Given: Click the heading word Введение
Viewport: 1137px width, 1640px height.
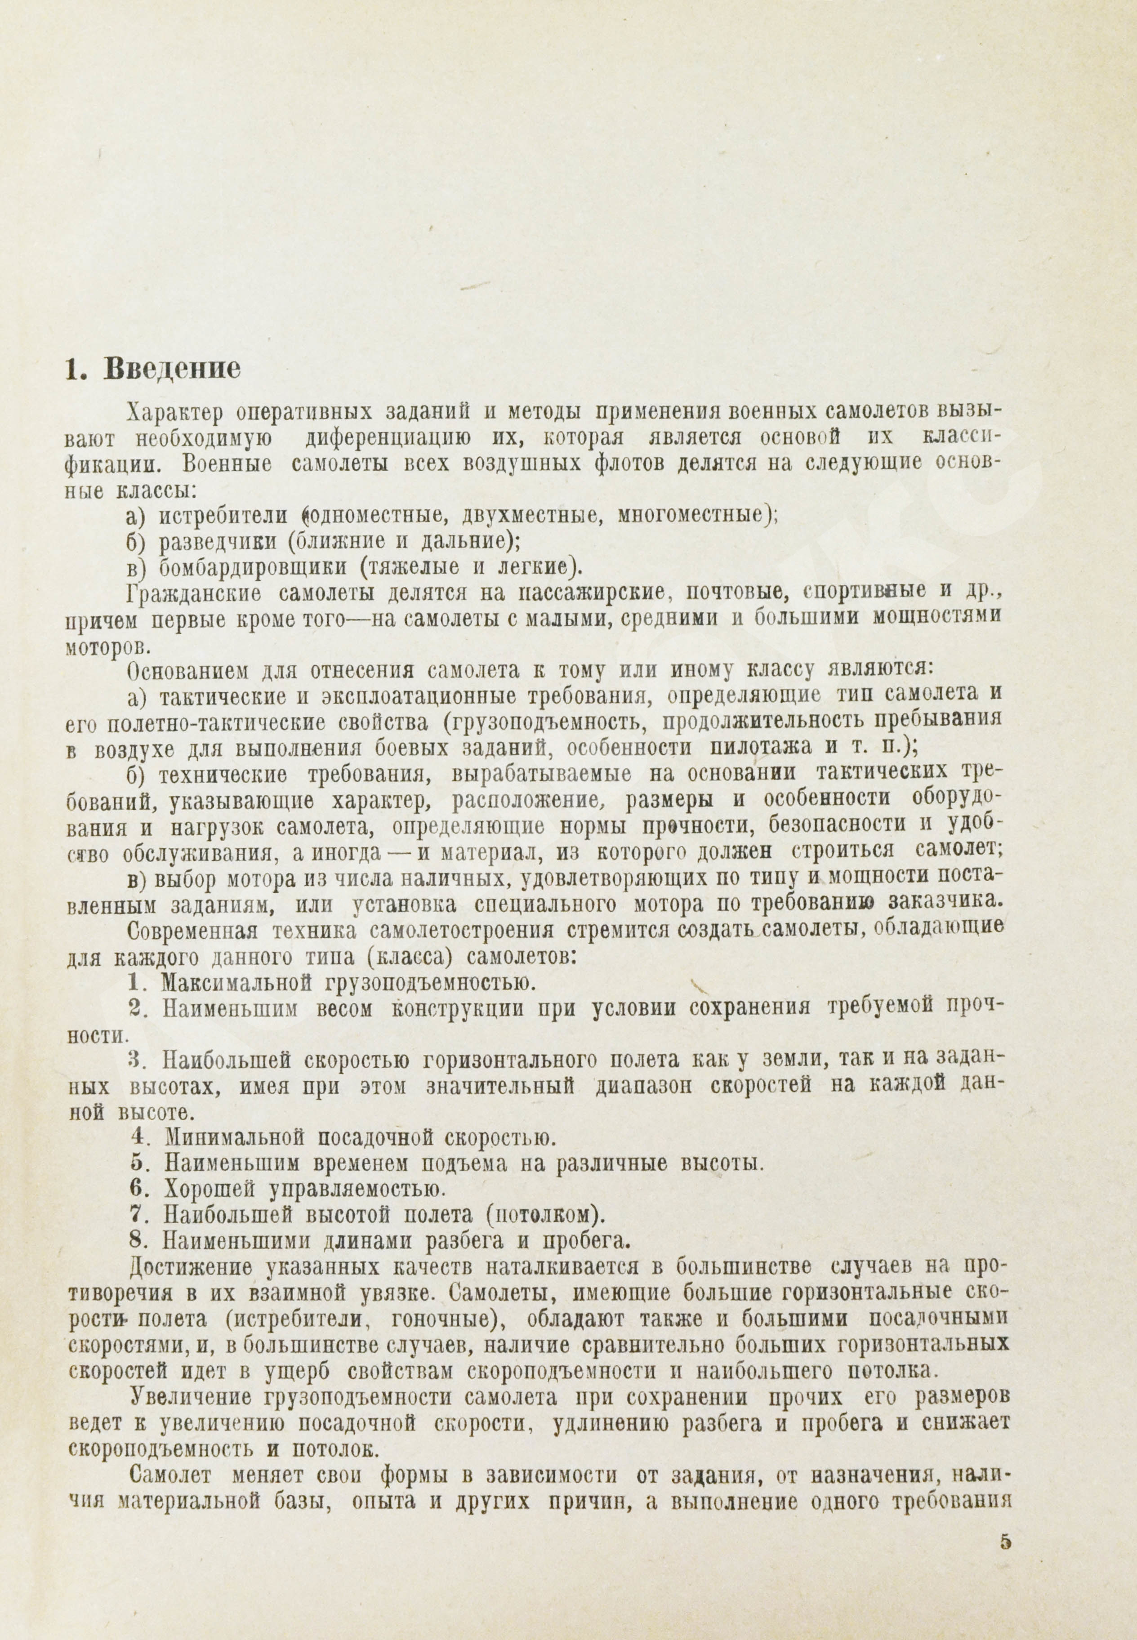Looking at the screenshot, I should [172, 370].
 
